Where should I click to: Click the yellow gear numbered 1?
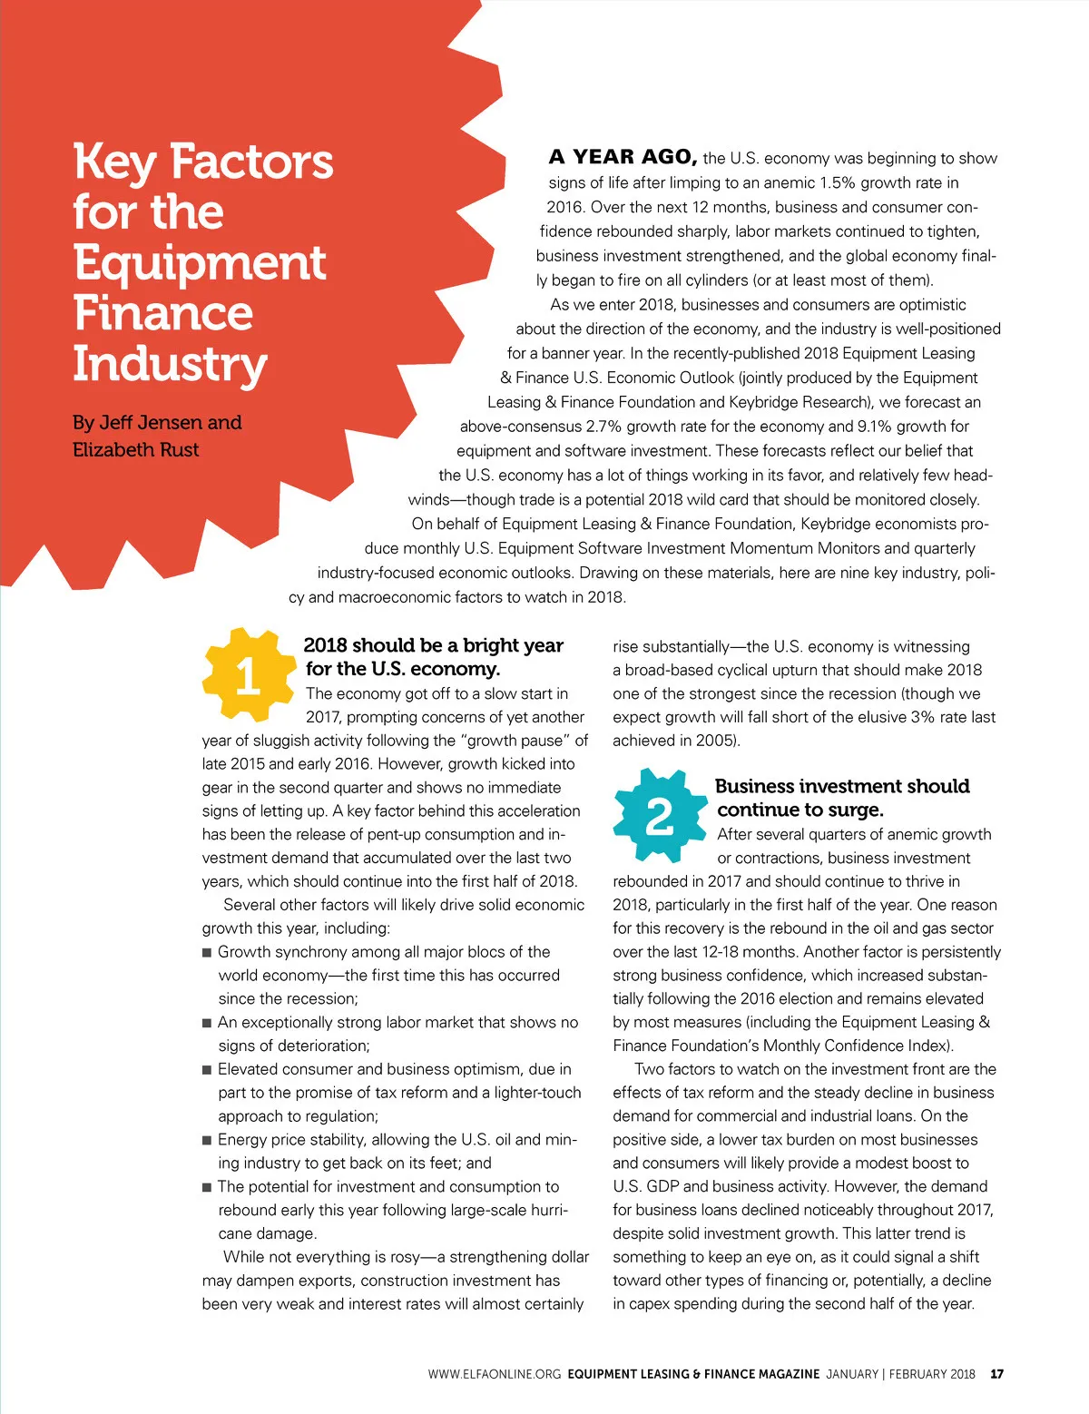[x=248, y=675]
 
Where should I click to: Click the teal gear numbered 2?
[x=659, y=814]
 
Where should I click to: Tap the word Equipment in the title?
[x=199, y=263]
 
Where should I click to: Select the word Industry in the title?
[x=170, y=365]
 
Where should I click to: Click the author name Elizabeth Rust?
[x=135, y=450]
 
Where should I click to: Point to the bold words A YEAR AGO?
[x=623, y=157]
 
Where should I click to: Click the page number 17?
[x=996, y=1374]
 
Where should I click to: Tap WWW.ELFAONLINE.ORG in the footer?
[x=495, y=1374]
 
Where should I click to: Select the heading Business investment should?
[x=841, y=786]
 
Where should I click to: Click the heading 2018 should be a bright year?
[x=433, y=645]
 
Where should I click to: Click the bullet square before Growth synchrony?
[x=207, y=953]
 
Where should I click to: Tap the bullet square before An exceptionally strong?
[x=207, y=1024]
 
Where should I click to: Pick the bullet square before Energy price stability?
[x=207, y=1141]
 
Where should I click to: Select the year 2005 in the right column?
[x=714, y=741]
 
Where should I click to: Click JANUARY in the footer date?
[x=852, y=1374]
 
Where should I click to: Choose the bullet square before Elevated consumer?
[x=207, y=1070]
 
